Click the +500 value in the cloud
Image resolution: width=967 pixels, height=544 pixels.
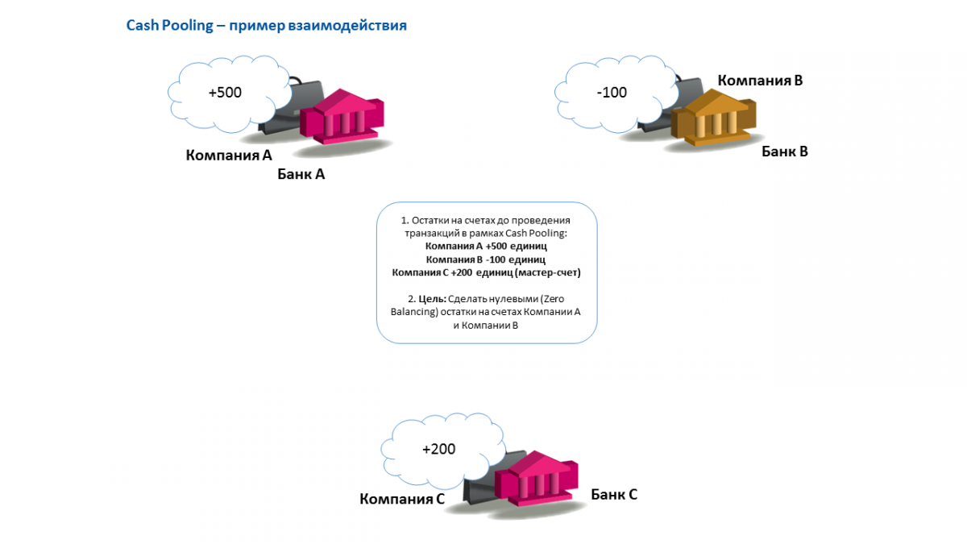pyautogui.click(x=225, y=93)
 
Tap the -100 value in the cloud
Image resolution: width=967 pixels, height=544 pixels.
pyautogui.click(x=612, y=93)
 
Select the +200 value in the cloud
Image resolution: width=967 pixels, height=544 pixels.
pyautogui.click(x=438, y=449)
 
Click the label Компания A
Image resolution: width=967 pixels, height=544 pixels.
pyautogui.click(x=229, y=155)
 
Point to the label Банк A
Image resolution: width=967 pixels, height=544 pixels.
pyautogui.click(x=301, y=173)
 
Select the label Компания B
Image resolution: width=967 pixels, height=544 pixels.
pyautogui.click(x=760, y=81)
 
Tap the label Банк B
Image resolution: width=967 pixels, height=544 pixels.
pyautogui.click(x=784, y=151)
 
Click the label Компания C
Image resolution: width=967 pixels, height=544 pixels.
pyautogui.click(x=402, y=499)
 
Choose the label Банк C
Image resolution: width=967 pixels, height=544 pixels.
pyautogui.click(x=613, y=494)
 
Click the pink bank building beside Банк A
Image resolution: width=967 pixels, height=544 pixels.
pyautogui.click(x=342, y=120)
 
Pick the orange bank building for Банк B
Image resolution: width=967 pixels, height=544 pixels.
pyautogui.click(x=714, y=120)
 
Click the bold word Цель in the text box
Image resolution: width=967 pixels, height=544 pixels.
pyautogui.click(x=432, y=300)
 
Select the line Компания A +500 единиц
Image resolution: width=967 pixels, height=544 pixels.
pyautogui.click(x=486, y=247)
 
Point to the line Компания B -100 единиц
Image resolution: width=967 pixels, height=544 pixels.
pyautogui.click(x=486, y=260)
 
